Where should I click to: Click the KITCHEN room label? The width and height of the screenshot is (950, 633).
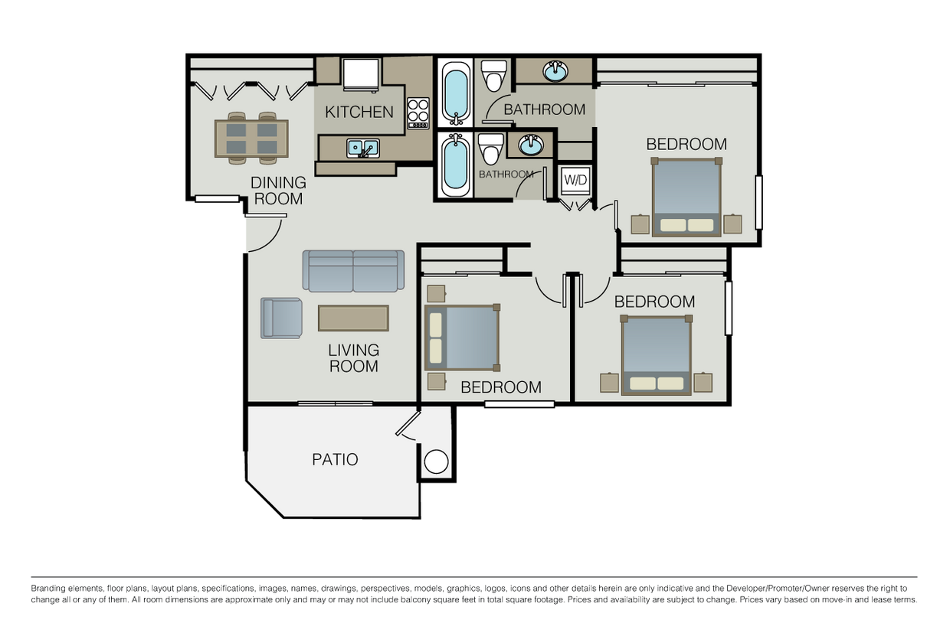pos(359,112)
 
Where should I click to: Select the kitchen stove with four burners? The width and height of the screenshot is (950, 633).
pos(418,113)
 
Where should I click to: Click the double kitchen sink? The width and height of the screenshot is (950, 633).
pos(362,148)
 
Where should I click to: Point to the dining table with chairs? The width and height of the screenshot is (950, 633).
pos(251,139)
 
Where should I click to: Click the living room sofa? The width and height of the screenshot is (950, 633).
pos(353,270)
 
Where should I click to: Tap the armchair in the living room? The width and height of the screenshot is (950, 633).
pos(281,318)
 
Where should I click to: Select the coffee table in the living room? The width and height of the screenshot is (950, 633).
pos(353,318)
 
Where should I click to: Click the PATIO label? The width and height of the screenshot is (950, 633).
pos(335,460)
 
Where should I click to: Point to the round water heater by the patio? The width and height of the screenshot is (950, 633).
pos(436,462)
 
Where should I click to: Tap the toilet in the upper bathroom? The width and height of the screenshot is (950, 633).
pos(494,75)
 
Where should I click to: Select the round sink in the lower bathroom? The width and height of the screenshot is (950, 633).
pos(529,144)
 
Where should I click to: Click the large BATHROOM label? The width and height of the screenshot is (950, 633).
pos(544,109)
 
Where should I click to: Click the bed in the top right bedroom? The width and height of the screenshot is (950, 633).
pos(686,197)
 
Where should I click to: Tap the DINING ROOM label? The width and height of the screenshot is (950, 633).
pos(278,191)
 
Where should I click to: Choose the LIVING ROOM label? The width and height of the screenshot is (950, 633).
pos(353,358)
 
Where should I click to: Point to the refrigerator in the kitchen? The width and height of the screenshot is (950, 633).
pos(360,74)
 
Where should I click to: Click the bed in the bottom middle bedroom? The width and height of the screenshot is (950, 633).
pos(462,338)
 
